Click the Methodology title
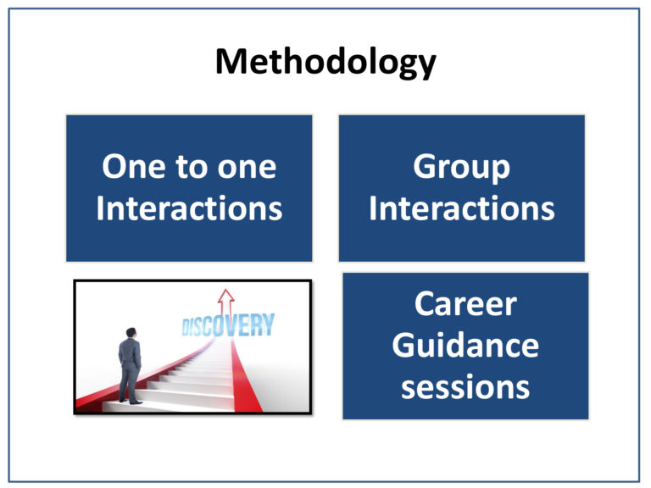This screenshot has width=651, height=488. coord(325,62)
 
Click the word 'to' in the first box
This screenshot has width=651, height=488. coord(192,167)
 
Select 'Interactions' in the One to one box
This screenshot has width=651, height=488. coord(189,208)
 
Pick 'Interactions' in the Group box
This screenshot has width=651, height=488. coord(462,208)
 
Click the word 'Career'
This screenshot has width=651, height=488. coord(465,304)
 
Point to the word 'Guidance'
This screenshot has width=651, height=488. coord(465,346)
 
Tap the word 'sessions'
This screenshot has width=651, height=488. coord(465,387)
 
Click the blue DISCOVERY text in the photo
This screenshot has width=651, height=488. coord(228,324)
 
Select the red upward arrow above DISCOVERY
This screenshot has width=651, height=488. coord(225,302)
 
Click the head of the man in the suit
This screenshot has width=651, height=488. coord(131,333)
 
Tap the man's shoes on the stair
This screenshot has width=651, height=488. coord(130,402)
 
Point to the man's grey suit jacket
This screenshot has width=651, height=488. coord(130,352)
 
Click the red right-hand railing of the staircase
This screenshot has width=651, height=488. coord(245,375)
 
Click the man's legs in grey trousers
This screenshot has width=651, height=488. coord(130,384)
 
